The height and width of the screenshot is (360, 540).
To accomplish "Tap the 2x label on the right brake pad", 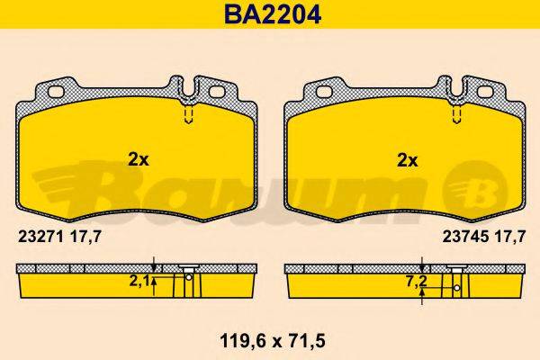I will point(408,160).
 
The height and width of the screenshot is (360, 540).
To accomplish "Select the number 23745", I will point(460,237).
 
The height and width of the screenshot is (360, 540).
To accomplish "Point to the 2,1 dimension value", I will point(139,280).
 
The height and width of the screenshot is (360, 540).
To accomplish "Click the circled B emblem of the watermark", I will point(474,186).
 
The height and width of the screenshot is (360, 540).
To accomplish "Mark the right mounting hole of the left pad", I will point(216,93).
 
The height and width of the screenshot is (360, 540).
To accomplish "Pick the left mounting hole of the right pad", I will point(322,93).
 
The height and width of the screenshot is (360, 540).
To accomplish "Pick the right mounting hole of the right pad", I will point(484,93).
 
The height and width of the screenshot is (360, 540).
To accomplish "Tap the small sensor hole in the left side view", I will point(188,277).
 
